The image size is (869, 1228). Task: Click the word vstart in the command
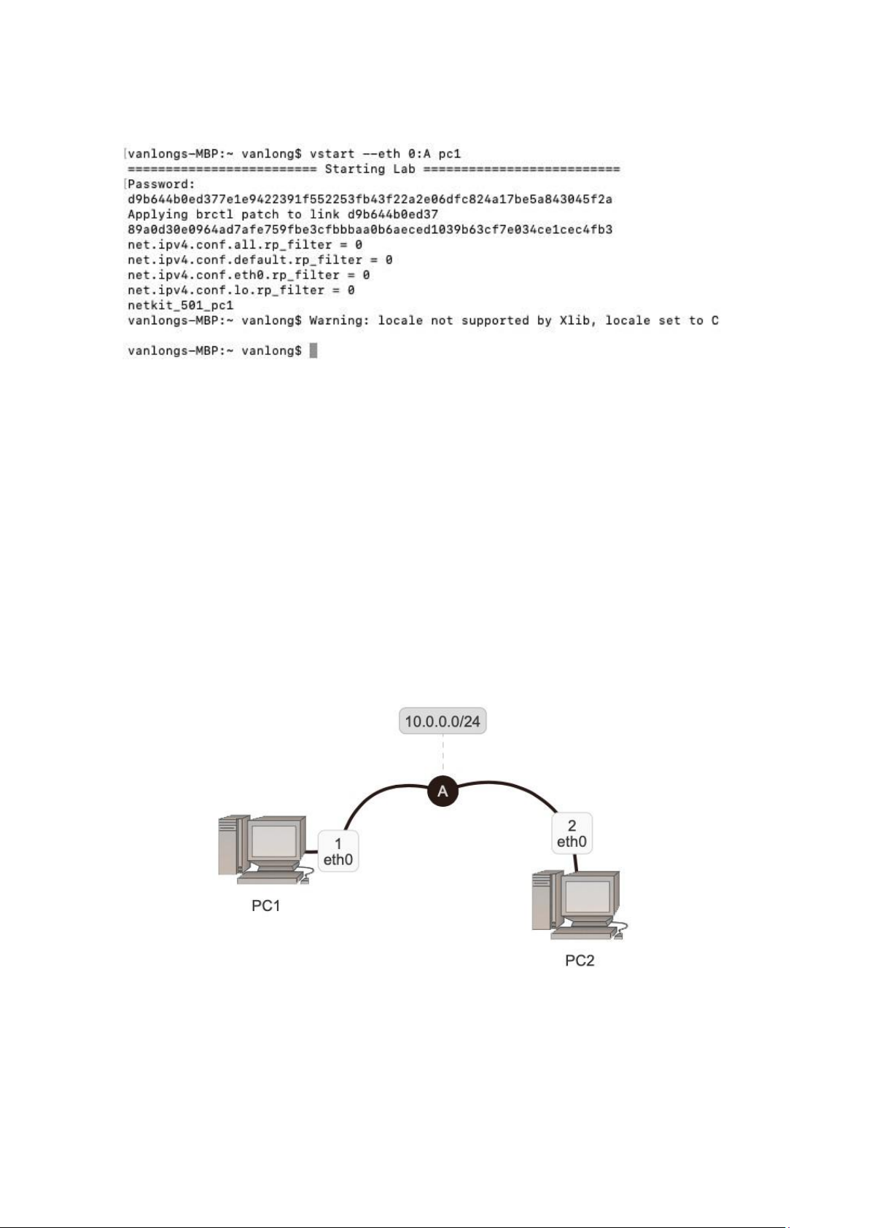tap(332, 154)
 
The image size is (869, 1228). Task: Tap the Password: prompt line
tap(161, 184)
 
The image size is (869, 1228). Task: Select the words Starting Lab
tap(370, 169)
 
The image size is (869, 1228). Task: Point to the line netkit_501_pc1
tap(180, 305)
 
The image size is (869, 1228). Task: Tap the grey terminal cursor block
tap(313, 351)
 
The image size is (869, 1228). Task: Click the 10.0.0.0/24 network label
tap(443, 721)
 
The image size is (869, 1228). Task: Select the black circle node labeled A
tap(443, 791)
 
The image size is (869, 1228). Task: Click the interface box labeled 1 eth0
tap(338, 850)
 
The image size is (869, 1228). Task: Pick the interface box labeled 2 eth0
tap(572, 833)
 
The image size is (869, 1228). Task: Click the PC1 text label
tap(266, 906)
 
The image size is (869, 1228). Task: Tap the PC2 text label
tap(580, 961)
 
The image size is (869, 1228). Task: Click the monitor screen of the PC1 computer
tap(273, 840)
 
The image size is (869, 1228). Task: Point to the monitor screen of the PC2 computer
tap(588, 896)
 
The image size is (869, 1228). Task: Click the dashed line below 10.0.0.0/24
tap(443, 755)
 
